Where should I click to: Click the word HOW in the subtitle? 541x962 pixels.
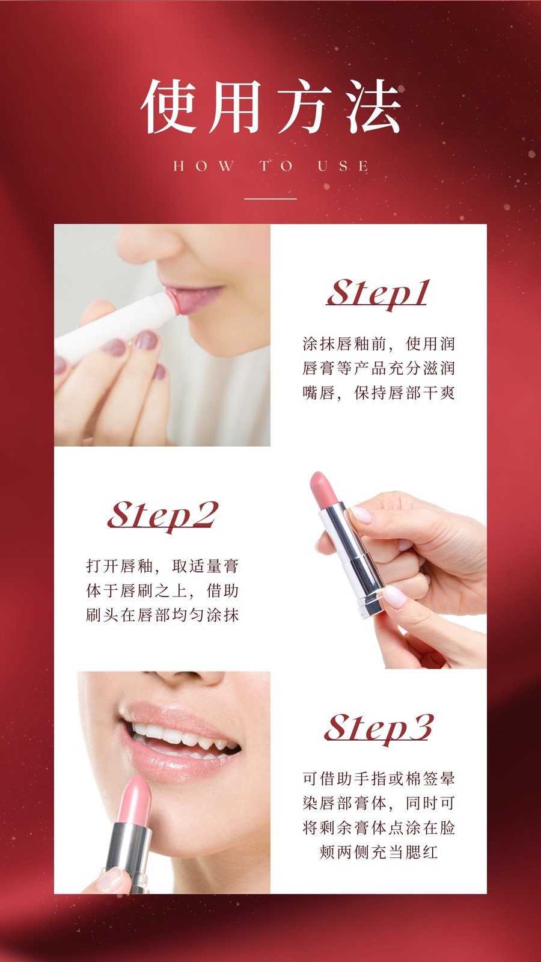(204, 166)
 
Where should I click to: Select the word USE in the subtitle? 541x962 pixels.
(343, 166)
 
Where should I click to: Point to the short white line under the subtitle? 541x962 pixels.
(270, 199)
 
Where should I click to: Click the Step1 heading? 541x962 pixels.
(377, 293)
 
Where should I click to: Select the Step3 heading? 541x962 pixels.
(379, 728)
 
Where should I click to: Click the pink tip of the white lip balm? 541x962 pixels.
(172, 303)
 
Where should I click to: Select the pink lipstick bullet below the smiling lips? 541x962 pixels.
(136, 800)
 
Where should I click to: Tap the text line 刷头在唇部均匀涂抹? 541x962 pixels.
(162, 615)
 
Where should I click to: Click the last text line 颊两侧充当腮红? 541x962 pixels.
(378, 852)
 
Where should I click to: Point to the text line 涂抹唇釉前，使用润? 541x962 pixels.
(378, 343)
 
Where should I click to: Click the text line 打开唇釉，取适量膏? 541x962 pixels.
(162, 566)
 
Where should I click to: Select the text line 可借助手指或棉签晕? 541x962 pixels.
(378, 779)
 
